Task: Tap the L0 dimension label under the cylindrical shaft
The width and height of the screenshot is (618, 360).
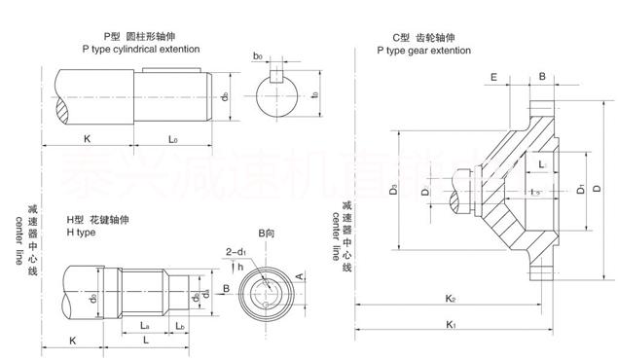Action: pyautogui.click(x=172, y=140)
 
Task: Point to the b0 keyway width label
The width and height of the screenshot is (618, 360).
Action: pyautogui.click(x=258, y=57)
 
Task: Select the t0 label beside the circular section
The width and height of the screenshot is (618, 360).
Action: pyautogui.click(x=313, y=95)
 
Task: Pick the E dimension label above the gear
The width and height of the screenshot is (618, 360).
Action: pyautogui.click(x=495, y=75)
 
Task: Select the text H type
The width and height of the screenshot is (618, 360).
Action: pyautogui.click(x=81, y=234)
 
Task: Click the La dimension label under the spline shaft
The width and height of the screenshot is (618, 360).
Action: pyautogui.click(x=144, y=324)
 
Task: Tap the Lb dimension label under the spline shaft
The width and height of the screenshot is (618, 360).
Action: pyautogui.click(x=180, y=324)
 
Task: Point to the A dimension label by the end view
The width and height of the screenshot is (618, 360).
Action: pyautogui.click(x=303, y=276)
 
